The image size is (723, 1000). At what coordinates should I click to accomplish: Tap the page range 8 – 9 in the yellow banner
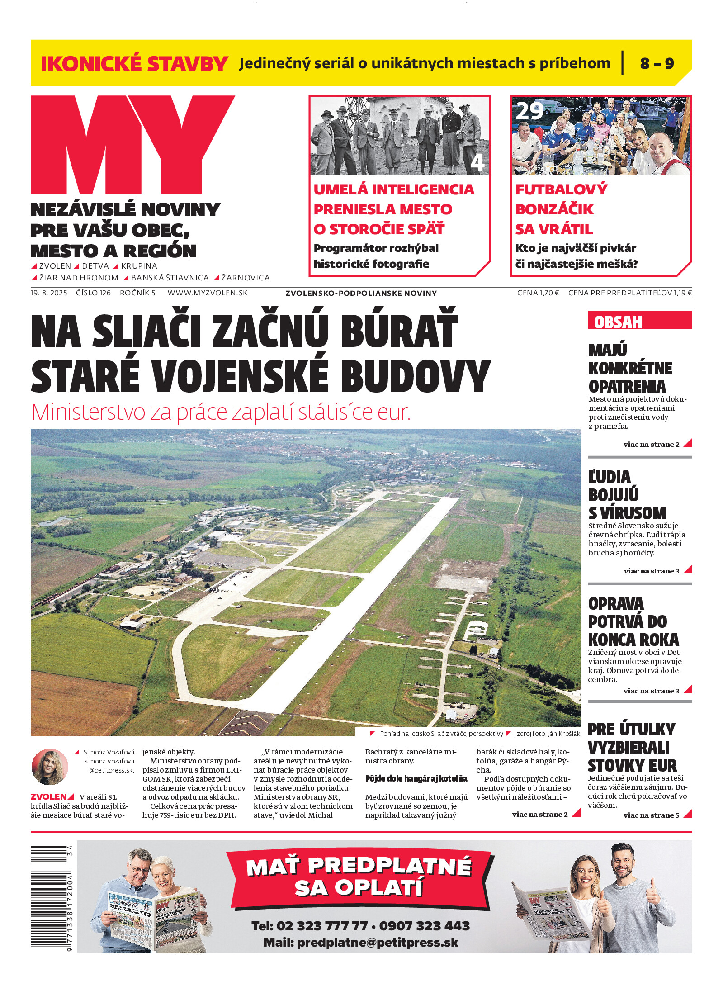point(657,63)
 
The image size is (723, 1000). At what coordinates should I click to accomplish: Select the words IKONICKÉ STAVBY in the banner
point(134,63)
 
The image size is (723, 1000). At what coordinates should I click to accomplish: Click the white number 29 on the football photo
point(529,111)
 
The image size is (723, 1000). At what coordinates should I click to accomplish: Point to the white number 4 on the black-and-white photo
point(477,162)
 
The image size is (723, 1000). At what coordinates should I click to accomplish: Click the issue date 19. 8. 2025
point(49,293)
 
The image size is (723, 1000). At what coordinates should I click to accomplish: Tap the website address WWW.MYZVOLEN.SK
point(208,293)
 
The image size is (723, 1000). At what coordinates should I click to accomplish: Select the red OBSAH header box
point(639,321)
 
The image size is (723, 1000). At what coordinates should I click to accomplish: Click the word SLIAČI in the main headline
point(146,332)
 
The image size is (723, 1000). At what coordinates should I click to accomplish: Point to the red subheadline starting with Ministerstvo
point(221,412)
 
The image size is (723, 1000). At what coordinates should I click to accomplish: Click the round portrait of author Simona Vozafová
point(49,767)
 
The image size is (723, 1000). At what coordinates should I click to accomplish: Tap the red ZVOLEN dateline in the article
point(48,796)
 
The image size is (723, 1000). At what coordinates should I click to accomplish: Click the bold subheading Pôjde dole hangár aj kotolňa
point(416,778)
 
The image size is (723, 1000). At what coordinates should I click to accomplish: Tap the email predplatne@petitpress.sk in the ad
point(378,943)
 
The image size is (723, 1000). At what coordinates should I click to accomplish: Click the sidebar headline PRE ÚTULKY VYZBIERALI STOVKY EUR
point(632,747)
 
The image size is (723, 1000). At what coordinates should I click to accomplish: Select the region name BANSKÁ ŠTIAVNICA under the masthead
point(170,278)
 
